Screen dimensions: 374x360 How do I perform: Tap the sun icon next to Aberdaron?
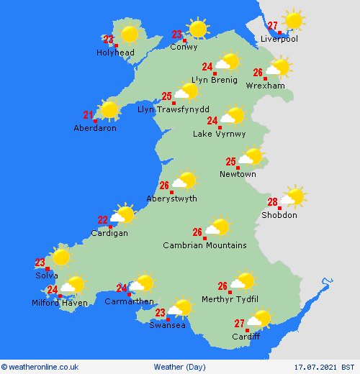[x=109, y=109]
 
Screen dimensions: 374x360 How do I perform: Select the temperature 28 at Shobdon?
[x=273, y=202]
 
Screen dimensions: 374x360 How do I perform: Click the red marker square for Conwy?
[x=184, y=40]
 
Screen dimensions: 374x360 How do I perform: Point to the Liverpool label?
[x=279, y=39]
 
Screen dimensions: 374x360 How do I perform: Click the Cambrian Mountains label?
[x=204, y=245]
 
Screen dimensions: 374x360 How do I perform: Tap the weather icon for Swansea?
[x=179, y=309]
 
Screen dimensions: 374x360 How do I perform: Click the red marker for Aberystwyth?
[x=171, y=192]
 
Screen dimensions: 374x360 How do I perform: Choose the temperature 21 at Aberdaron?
[x=89, y=114]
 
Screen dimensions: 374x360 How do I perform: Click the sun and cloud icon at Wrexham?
[x=277, y=68]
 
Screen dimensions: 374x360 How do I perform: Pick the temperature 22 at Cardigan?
[x=103, y=220]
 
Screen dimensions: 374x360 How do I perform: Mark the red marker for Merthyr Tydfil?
[x=230, y=292]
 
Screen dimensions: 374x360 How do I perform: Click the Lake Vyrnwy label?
[x=219, y=134]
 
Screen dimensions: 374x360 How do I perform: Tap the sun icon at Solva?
[x=60, y=257]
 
